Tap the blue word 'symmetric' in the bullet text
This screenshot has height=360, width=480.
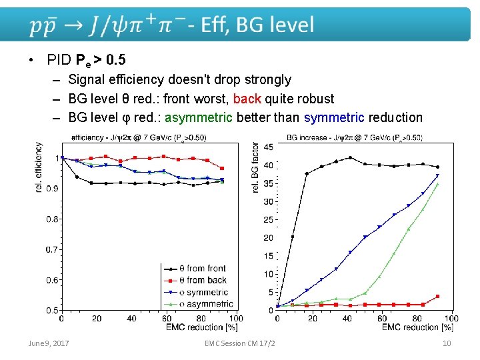point(333,118)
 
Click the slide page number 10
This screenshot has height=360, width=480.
point(447,343)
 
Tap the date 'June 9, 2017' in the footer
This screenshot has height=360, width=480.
point(48,343)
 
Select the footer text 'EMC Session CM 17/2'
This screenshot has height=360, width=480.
point(241,343)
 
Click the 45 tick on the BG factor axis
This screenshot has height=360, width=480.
point(268,147)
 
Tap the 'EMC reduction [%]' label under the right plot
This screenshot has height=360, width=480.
point(417,327)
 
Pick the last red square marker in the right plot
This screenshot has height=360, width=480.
point(437,297)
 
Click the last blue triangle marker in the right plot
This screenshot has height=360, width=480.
point(437,176)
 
